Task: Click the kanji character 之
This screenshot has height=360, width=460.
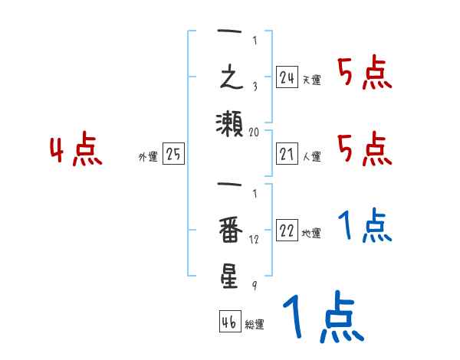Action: tap(229, 79)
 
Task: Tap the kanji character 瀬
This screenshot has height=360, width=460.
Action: tap(229, 123)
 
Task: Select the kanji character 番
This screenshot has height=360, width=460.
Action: tap(229, 230)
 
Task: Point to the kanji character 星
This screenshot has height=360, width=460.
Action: tap(229, 276)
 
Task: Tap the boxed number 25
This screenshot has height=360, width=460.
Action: tap(173, 155)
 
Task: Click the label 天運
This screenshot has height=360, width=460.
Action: tap(311, 80)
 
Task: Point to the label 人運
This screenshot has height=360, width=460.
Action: tap(311, 157)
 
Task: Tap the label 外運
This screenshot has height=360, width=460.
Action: tap(148, 157)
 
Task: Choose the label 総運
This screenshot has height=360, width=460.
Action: tap(255, 325)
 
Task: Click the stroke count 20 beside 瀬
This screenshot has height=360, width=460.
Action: tap(255, 132)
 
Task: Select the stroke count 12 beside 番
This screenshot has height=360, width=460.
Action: tap(255, 239)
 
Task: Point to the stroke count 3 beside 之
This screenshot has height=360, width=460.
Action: tap(254, 87)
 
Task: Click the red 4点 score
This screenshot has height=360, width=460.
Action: tap(76, 151)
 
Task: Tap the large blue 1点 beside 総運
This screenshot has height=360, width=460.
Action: tap(322, 319)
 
